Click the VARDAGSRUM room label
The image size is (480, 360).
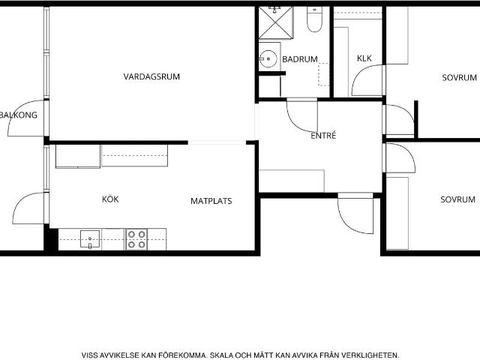pos(151,76)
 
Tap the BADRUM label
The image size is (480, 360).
pos(300,59)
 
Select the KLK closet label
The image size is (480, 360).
pos(364,58)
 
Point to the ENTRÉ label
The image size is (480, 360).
pos(323,135)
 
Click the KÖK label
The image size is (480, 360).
pos(110,199)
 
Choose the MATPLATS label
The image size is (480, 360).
pos(211,201)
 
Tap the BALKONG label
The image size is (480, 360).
pos(18,115)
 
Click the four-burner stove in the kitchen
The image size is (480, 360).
pos(136,239)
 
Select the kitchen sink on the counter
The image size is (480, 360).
pos(90,238)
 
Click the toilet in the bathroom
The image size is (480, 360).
pos(315,19)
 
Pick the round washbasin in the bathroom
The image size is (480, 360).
pos(268,58)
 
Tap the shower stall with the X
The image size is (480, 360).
pos(276,23)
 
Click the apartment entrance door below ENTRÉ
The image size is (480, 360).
pos(348,223)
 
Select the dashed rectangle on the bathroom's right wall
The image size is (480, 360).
pos(323,74)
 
